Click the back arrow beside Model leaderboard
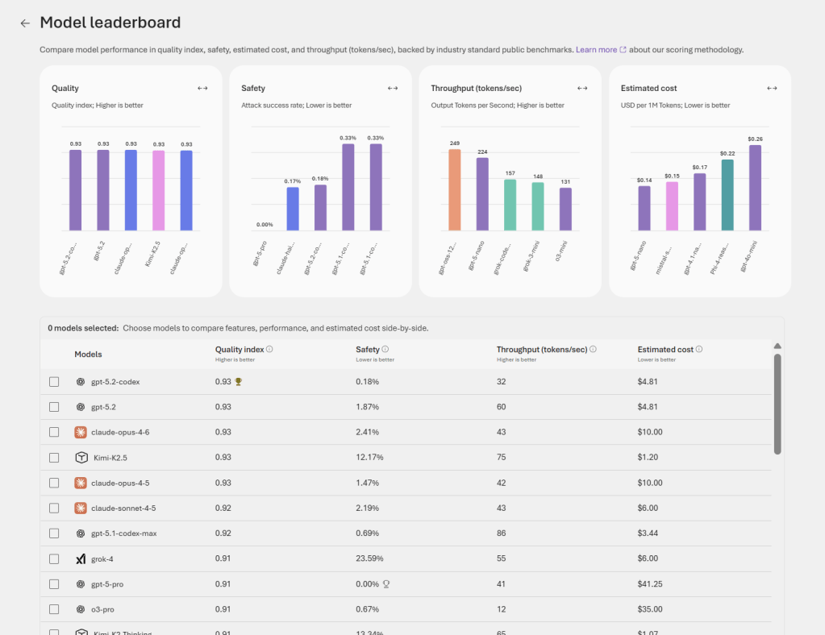pyautogui.click(x=25, y=23)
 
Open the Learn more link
pyautogui.click(x=596, y=50)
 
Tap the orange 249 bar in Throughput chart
pyautogui.click(x=455, y=190)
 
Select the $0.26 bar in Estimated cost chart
pyautogui.click(x=755, y=188)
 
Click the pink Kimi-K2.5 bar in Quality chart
pyautogui.click(x=159, y=190)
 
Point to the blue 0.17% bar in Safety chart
pyautogui.click(x=293, y=209)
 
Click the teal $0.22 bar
pyautogui.click(x=727, y=195)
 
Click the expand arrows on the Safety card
pyautogui.click(x=393, y=88)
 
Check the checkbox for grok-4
pyautogui.click(x=54, y=558)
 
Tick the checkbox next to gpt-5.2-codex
pyautogui.click(x=54, y=382)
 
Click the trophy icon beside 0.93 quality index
pyautogui.click(x=238, y=382)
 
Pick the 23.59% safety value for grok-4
pyautogui.click(x=369, y=558)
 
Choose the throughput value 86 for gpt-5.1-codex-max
pyautogui.click(x=502, y=533)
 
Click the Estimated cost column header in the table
pyautogui.click(x=665, y=349)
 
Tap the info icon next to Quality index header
pyautogui.click(x=269, y=349)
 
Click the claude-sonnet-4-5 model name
pyautogui.click(x=123, y=508)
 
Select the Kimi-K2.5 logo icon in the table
pyautogui.click(x=81, y=457)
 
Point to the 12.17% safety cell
pyautogui.click(x=369, y=457)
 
